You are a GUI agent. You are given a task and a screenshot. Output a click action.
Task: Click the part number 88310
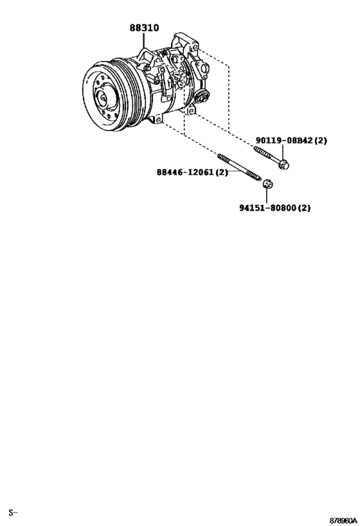145,28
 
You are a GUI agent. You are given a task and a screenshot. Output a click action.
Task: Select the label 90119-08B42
284,140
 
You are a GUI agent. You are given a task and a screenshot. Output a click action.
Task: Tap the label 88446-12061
185,172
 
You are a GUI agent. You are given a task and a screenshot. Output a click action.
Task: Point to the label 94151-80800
267,208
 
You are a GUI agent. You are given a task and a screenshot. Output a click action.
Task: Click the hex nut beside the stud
267,184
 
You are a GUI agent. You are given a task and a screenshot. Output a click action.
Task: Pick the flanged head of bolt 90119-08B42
284,164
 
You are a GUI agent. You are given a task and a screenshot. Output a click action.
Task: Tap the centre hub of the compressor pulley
103,97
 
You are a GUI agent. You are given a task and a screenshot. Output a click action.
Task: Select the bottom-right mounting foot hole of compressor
190,110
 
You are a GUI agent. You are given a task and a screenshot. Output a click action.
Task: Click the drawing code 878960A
343,521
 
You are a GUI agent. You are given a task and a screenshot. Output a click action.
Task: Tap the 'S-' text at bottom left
13,513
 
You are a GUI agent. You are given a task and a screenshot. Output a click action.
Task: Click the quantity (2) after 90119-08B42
320,140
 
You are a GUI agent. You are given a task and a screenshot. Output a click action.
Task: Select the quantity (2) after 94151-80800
304,208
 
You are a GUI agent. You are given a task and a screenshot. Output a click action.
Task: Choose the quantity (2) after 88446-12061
221,172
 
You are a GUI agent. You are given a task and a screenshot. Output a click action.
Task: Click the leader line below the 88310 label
144,41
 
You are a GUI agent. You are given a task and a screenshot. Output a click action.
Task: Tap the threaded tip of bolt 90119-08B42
256,148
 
